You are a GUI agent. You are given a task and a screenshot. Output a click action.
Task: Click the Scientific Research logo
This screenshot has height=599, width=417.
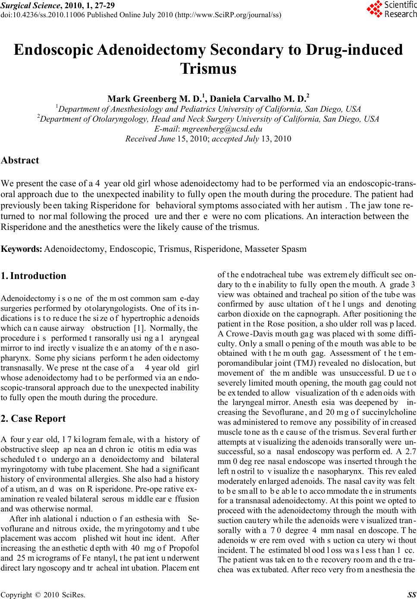coord(391,9)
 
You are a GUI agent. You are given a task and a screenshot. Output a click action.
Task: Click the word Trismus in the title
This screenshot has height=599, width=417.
coord(208,68)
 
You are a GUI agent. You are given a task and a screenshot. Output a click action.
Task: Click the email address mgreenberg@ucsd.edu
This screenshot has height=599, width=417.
coord(223,129)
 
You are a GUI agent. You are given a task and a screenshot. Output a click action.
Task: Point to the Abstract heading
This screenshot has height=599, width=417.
coord(20,160)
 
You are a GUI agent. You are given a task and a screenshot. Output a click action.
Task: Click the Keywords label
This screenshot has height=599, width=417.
coord(22,249)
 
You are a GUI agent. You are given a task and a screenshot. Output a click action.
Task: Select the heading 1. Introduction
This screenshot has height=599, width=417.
coord(34,276)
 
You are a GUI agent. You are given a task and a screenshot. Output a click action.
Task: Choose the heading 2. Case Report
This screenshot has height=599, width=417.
coord(33,418)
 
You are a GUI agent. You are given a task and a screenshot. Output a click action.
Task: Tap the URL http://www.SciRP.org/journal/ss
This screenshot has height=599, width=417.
coord(229,15)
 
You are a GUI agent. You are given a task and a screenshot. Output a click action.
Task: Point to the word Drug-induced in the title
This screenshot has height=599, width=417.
coord(354,50)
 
